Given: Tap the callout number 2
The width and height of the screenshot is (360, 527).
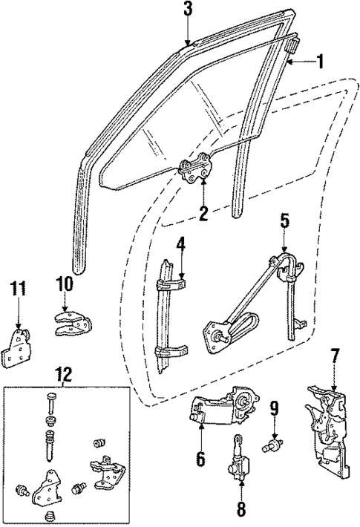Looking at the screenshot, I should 202,215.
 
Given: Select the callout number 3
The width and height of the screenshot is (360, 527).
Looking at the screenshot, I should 188,10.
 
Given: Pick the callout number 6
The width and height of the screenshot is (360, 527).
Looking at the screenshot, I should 200,459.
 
